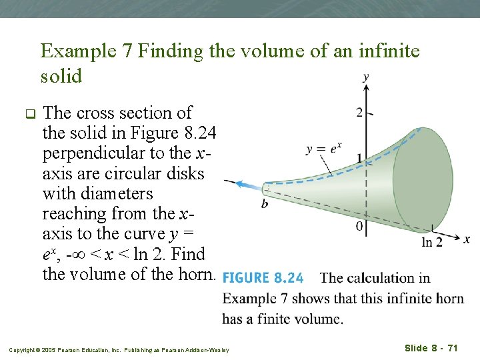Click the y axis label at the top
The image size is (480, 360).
(x=366, y=77)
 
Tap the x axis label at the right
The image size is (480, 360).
(x=467, y=239)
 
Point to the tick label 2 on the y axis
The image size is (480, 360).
(x=359, y=112)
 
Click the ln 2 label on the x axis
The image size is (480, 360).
(x=432, y=243)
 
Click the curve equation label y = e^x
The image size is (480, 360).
(x=323, y=149)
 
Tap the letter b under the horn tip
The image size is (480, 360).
(x=265, y=203)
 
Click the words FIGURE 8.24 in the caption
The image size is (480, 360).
(x=263, y=278)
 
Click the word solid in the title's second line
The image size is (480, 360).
(x=61, y=76)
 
